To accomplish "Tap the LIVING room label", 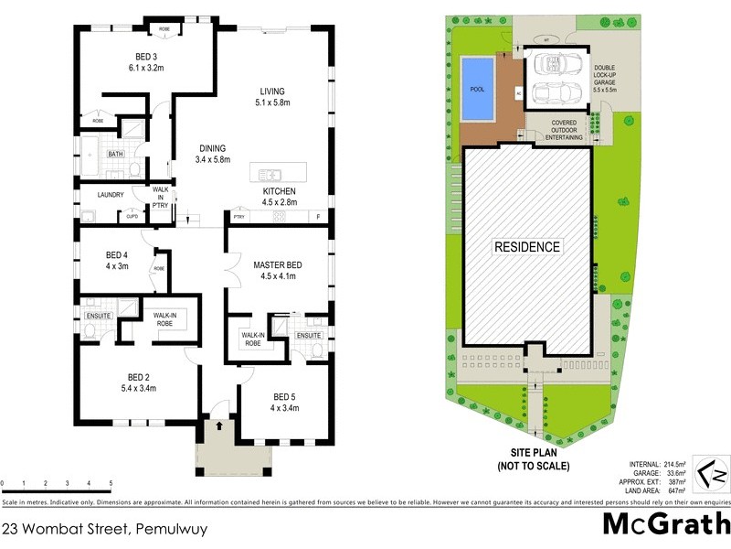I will click(272, 91).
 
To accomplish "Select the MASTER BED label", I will click(278, 265).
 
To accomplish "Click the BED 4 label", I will click(118, 254).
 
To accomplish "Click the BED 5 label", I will click(284, 396).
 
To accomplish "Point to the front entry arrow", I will click(219, 425).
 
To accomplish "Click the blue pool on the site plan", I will click(477, 90).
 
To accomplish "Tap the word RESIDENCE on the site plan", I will click(527, 247).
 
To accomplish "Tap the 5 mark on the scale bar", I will click(111, 483).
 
